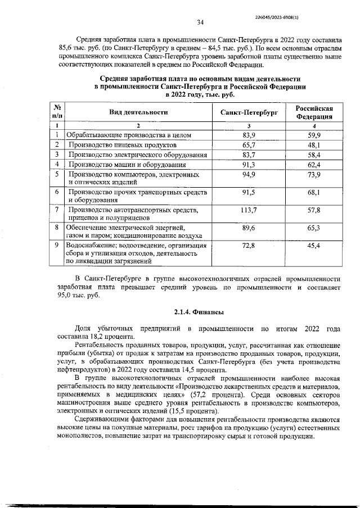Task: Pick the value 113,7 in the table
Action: tap(249, 210)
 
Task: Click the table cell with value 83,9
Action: tap(249, 135)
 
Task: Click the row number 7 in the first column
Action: tap(57, 210)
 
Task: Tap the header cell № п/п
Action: tap(57, 112)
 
